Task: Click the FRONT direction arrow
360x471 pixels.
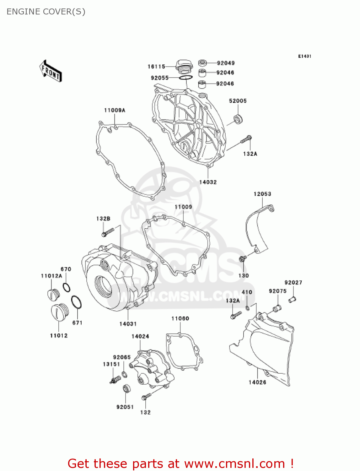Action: tap(51, 71)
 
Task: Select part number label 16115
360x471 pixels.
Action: tap(156, 67)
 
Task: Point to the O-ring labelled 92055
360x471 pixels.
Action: tap(186, 78)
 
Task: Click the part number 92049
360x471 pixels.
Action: tap(226, 63)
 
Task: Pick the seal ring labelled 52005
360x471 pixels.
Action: tap(239, 119)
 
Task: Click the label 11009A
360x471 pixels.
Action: tap(115, 110)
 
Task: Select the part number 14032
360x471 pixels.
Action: tap(208, 182)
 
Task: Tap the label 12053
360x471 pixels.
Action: tap(262, 194)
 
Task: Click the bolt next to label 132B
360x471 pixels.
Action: tap(107, 233)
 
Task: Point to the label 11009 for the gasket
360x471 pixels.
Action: tap(183, 207)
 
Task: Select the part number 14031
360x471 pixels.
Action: tap(128, 324)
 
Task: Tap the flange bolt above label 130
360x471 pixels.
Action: tap(242, 258)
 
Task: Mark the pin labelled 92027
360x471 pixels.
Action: tap(292, 299)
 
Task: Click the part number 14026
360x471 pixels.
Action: tap(257, 382)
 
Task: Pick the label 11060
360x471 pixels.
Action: tap(180, 319)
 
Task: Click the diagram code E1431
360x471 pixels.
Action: tap(304, 56)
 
